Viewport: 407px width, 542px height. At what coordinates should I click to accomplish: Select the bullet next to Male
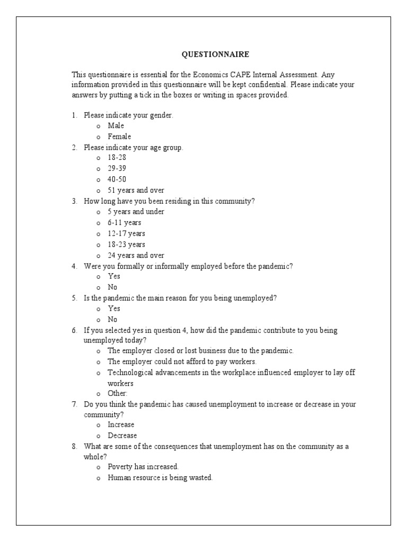pyautogui.click(x=98, y=127)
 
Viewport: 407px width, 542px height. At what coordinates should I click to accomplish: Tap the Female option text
pyautogui.click(x=119, y=137)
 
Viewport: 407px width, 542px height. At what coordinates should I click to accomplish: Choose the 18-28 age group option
pyautogui.click(x=117, y=158)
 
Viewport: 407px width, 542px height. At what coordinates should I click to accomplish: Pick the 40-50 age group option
pyautogui.click(x=117, y=179)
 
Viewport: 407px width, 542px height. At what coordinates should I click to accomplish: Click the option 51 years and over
pyautogui.click(x=136, y=190)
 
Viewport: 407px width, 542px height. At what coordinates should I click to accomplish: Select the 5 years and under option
pyautogui.click(x=136, y=212)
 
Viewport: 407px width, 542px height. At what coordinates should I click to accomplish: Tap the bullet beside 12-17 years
pyautogui.click(x=98, y=234)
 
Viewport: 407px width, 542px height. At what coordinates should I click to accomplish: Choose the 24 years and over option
pyautogui.click(x=136, y=255)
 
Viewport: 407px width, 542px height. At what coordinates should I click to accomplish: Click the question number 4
pyautogui.click(x=75, y=266)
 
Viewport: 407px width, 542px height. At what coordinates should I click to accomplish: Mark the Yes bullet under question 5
pyautogui.click(x=98, y=309)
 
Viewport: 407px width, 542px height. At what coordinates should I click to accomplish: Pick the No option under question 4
pyautogui.click(x=112, y=287)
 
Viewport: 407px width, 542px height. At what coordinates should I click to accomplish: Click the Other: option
pyautogui.click(x=118, y=393)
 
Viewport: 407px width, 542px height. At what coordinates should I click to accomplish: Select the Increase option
pyautogui.click(x=121, y=424)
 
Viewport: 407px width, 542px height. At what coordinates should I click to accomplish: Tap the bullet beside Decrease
pyautogui.click(x=98, y=436)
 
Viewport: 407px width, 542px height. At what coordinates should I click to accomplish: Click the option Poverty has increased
pyautogui.click(x=143, y=466)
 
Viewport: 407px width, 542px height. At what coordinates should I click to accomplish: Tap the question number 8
pyautogui.click(x=75, y=446)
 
